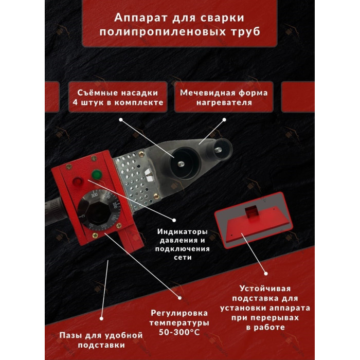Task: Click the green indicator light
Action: tap(97, 174)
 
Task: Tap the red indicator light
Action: tap(78, 182)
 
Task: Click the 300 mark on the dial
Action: tap(94, 195)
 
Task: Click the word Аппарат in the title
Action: tap(140, 17)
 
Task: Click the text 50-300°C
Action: tap(179, 332)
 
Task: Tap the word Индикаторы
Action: tap(182, 231)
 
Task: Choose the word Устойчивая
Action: tap(265, 289)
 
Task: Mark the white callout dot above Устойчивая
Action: tap(266, 274)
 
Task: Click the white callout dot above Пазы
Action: tap(101, 318)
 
